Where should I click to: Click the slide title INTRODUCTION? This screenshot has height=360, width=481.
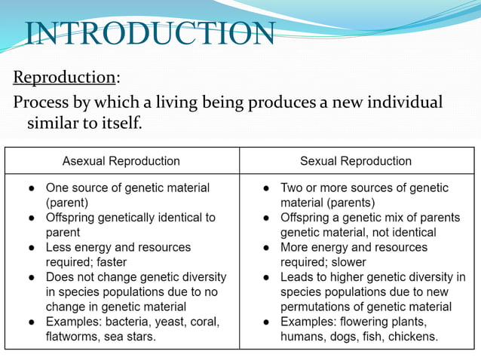150,34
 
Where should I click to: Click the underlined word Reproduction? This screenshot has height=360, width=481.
64,78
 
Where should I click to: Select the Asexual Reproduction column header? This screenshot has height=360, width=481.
121,160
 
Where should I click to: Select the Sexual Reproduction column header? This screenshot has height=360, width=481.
356,160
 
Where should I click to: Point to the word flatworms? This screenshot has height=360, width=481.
72,337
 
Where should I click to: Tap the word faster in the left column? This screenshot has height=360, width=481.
110,262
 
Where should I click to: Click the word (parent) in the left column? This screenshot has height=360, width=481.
68,203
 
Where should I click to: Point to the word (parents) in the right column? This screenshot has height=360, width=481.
327,203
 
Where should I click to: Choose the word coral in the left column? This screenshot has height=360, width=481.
204,322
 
